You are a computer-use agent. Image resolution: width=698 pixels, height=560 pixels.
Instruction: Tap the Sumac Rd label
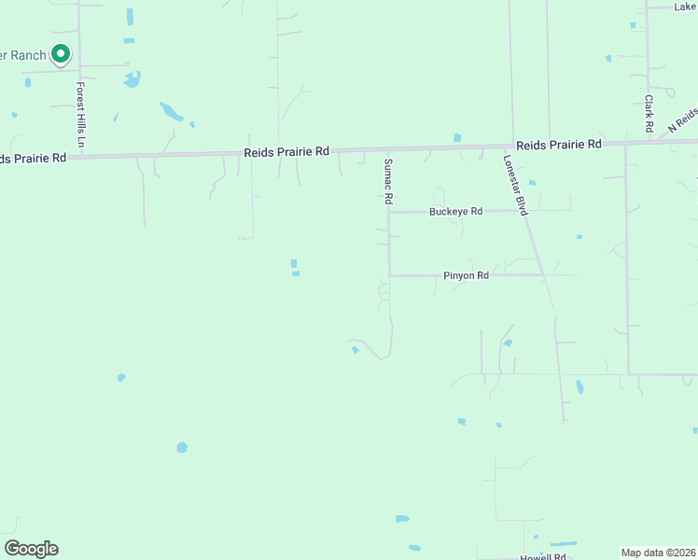[384, 181]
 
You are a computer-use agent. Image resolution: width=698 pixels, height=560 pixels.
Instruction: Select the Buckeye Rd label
[455, 212]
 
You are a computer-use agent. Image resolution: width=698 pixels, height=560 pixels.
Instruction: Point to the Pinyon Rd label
[466, 276]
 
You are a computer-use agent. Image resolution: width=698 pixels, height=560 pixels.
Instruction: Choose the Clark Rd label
[648, 112]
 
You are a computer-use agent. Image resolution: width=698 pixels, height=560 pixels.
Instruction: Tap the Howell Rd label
[543, 556]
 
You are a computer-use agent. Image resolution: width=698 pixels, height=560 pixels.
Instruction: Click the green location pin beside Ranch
[61, 54]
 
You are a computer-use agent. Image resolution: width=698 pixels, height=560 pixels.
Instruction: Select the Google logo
[31, 549]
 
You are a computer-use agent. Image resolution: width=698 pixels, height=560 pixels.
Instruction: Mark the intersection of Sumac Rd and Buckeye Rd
[389, 212]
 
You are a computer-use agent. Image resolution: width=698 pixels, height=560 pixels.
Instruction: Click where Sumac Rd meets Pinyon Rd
[389, 275]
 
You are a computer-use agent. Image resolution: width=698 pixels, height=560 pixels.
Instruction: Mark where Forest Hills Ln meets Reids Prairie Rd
[80, 156]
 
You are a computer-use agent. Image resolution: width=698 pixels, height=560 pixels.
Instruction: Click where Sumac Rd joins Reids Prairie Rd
[384, 148]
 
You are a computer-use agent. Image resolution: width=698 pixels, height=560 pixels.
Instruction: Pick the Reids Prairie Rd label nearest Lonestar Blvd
[558, 145]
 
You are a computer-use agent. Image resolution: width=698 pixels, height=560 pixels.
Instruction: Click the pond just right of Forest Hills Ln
[132, 78]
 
